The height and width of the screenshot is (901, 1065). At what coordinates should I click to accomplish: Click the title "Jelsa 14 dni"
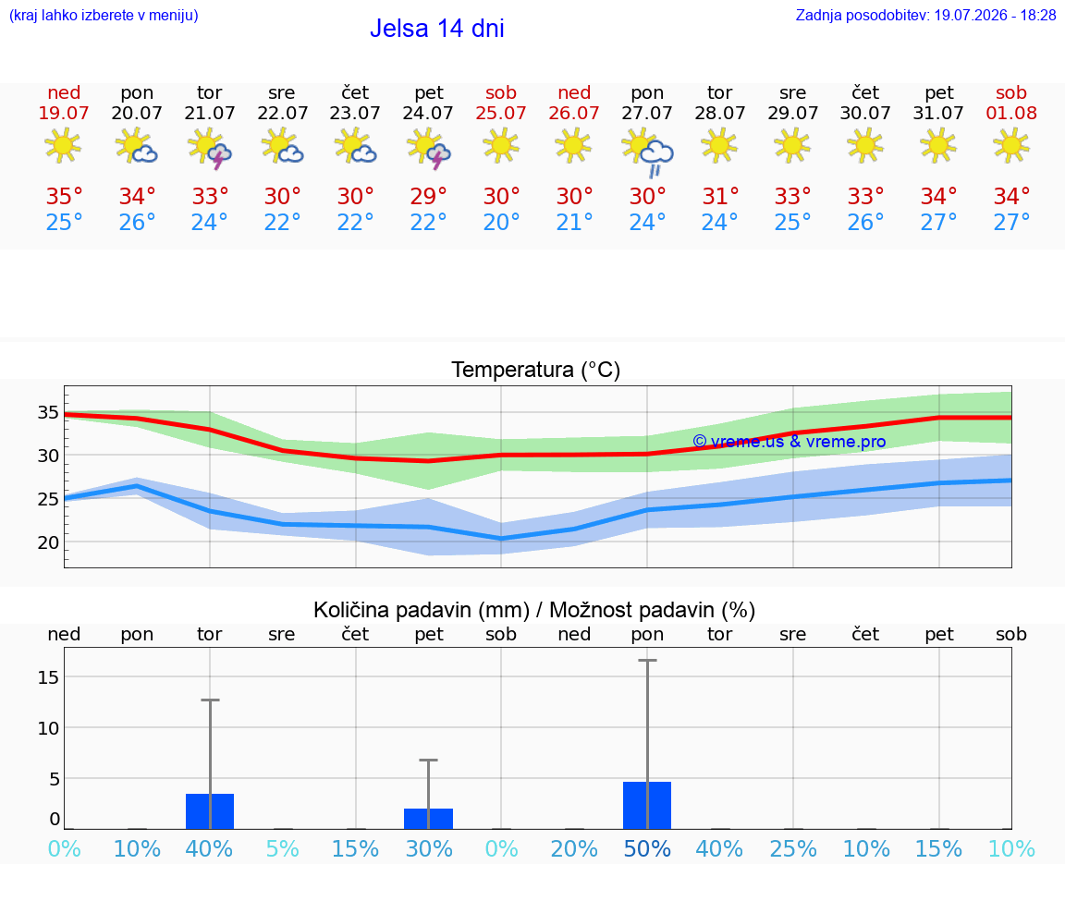[x=436, y=29]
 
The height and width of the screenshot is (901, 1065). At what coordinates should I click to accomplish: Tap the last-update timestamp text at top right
[x=925, y=15]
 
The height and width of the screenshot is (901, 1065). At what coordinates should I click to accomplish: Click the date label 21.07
[x=209, y=114]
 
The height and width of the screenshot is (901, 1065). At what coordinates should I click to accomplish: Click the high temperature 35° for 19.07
[x=64, y=196]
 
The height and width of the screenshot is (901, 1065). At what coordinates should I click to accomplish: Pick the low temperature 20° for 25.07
[x=501, y=222]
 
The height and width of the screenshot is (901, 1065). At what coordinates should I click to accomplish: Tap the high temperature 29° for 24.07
[x=428, y=196]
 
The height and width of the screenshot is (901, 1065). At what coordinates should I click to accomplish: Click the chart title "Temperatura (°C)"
[x=536, y=370]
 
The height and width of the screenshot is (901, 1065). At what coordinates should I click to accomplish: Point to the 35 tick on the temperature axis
[x=48, y=412]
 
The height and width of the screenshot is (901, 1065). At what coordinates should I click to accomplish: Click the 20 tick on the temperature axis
[x=48, y=542]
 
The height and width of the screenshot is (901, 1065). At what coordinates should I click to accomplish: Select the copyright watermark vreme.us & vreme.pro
[x=790, y=442]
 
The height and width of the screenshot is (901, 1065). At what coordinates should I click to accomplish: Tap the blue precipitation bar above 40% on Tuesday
[x=210, y=811]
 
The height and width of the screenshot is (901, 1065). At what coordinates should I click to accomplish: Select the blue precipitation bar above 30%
[x=429, y=819]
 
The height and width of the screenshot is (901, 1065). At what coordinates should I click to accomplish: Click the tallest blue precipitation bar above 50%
[x=647, y=805]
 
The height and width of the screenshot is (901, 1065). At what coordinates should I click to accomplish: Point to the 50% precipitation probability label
[x=647, y=848]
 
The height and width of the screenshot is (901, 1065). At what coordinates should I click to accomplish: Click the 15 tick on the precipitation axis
[x=48, y=677]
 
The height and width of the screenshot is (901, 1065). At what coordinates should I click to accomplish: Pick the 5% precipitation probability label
[x=283, y=848]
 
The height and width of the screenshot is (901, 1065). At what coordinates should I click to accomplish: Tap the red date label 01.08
[x=1011, y=114]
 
